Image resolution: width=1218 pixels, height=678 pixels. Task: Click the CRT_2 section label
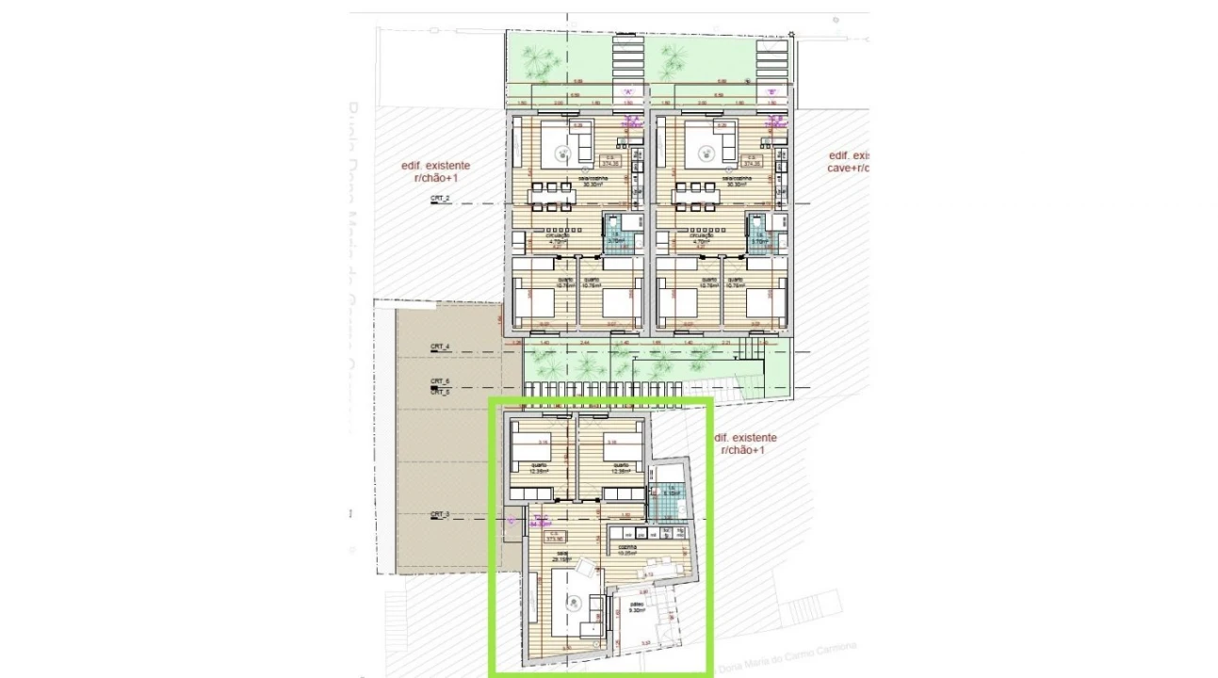click(441, 199)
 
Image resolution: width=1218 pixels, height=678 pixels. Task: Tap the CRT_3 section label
click(441, 514)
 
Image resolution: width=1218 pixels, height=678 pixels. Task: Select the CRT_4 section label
click(441, 347)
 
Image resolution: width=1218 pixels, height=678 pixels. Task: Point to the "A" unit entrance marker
click(628, 92)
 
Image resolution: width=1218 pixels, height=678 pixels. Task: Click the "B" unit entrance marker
click(771, 92)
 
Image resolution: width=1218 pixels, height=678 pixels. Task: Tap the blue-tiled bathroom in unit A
click(616, 232)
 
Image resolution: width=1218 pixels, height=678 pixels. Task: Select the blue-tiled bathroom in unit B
click(759, 232)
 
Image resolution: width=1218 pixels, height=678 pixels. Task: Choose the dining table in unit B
click(696, 196)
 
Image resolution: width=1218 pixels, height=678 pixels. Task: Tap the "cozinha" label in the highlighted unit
click(627, 549)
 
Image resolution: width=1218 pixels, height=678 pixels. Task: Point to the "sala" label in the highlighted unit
click(562, 556)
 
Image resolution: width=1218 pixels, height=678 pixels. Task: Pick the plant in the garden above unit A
click(539, 62)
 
